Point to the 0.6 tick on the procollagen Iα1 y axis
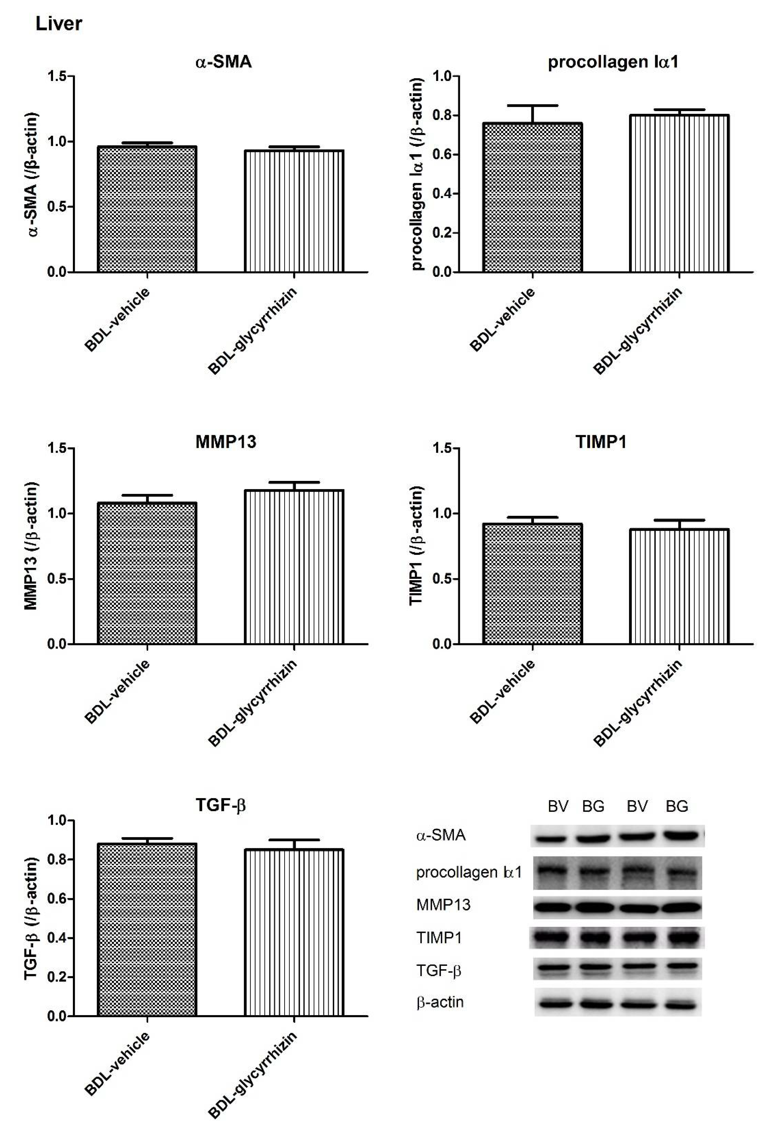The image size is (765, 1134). (x=443, y=155)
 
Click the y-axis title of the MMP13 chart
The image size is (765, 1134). (x=31, y=546)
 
